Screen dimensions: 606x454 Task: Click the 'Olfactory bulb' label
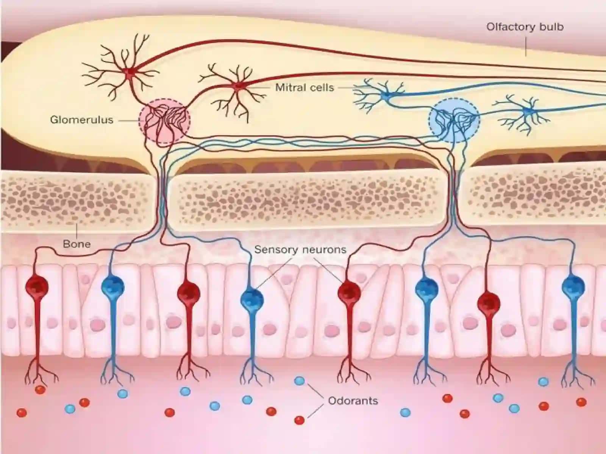coord(525,27)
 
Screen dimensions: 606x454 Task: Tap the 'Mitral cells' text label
coord(305,88)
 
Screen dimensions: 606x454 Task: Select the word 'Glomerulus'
coord(82,120)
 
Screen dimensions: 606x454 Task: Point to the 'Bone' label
coord(77,244)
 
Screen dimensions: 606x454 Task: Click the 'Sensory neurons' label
coord(300,249)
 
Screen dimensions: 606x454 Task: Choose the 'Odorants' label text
coord(353,401)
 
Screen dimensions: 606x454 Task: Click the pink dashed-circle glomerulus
coord(164,121)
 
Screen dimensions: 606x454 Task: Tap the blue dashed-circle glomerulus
coord(454,120)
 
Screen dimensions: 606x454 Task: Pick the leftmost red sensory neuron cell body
coord(37,287)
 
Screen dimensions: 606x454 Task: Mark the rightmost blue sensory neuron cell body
coord(573,287)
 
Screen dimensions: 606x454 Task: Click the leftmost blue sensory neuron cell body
coord(113,287)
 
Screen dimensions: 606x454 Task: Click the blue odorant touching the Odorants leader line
coord(300,381)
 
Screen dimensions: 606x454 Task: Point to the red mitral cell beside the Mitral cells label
coord(238,86)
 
